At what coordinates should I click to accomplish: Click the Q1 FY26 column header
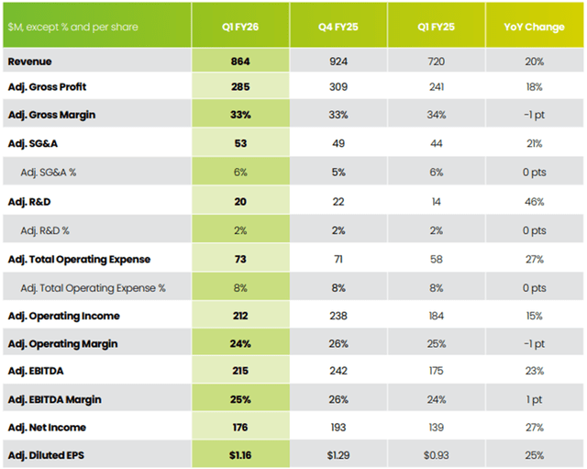241,27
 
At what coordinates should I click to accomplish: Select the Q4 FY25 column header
338,27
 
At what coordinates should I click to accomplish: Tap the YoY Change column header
534,27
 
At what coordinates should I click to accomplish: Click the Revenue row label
31,61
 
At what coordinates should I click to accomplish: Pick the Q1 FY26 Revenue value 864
241,61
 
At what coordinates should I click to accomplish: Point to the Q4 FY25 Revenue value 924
338,61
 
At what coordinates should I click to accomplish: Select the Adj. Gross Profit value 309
338,86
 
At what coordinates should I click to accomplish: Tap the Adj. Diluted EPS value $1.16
241,454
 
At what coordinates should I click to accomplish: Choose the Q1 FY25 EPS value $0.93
436,454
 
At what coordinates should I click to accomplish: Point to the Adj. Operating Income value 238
338,316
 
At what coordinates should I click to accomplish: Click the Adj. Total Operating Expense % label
94,288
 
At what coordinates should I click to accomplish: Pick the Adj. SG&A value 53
241,143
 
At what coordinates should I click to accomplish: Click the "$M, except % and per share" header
72,27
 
